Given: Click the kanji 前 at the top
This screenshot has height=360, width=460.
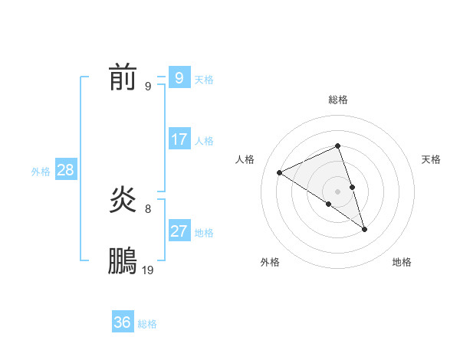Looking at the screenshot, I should point(123,77).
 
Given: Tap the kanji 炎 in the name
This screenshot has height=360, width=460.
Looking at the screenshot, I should point(123,201).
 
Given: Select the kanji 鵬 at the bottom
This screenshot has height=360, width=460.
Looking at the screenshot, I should point(123,261).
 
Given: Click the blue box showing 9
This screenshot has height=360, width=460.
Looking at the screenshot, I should point(179,77).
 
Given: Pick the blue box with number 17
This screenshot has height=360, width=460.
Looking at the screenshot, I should point(179,139).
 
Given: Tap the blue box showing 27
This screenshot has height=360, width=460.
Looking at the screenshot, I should point(179,231).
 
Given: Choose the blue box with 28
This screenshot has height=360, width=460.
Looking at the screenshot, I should point(65,170).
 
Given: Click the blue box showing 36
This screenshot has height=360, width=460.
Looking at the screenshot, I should point(123,322).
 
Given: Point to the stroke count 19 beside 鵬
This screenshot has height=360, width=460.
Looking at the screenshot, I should point(148,270).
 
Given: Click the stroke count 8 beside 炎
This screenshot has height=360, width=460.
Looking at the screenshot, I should point(148,208).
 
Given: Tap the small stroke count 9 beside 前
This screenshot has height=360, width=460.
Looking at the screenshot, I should point(148,86).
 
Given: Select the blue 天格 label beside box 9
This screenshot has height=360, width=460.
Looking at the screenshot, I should point(204,79).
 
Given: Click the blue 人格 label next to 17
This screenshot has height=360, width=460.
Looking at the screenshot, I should point(204,141).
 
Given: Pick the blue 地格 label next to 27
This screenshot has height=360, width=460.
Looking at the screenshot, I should point(204,233).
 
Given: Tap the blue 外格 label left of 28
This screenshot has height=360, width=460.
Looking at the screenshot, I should point(41,172).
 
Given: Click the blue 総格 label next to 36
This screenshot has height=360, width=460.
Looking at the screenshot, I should point(147,324).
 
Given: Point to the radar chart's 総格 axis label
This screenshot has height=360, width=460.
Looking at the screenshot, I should point(338,100).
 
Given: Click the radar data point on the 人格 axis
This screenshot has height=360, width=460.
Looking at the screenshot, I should point(280,172).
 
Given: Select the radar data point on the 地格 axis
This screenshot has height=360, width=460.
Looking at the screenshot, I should point(365,228).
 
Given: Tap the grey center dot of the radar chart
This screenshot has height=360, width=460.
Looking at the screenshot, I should point(338,191).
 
